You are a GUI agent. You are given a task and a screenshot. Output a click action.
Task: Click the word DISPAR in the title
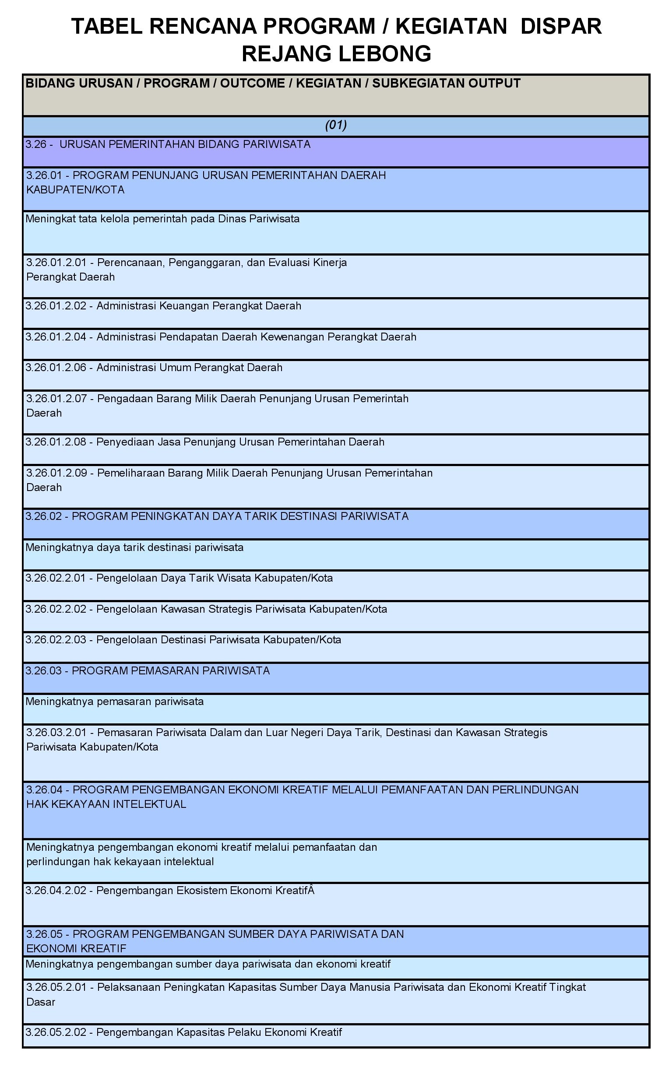[x=560, y=27]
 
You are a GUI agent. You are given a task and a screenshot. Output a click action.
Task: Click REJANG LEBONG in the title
[x=336, y=54]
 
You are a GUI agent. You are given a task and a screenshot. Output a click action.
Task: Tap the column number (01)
[x=336, y=126]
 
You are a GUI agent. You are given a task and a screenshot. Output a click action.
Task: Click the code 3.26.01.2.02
[x=56, y=306]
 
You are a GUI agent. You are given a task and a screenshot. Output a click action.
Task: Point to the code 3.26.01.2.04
[x=56, y=337]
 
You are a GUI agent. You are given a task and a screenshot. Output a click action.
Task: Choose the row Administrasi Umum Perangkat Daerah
[x=189, y=368]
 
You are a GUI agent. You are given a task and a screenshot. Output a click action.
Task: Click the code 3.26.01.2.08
[x=56, y=442]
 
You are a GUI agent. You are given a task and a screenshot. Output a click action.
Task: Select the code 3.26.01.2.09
[x=56, y=473]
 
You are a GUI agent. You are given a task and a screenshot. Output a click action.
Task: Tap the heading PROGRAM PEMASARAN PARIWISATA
[x=170, y=671]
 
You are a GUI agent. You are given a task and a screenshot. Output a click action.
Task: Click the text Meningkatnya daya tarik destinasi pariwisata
[x=134, y=548]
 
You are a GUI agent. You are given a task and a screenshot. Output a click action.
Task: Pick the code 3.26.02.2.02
[x=56, y=609]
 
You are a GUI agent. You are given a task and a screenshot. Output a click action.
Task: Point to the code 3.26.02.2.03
[x=56, y=640]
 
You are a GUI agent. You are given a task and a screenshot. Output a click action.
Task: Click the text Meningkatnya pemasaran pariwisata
[x=115, y=702]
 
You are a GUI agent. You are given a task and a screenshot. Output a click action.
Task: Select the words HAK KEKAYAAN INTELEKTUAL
[x=106, y=804]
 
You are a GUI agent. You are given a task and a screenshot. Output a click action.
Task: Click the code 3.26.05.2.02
[x=56, y=1032]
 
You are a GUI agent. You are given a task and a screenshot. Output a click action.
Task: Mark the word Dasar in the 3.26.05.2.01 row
[x=41, y=1002]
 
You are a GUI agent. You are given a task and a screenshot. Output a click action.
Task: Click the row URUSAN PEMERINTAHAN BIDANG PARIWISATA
[x=184, y=144]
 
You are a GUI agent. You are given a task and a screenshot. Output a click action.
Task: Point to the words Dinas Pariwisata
[x=258, y=219]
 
